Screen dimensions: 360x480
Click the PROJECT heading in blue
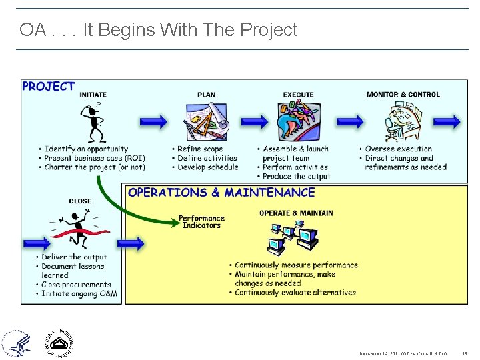(x=49, y=87)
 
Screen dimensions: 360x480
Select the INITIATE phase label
(x=93, y=95)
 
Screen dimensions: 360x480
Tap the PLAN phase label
(x=206, y=95)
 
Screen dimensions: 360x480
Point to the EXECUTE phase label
(x=298, y=95)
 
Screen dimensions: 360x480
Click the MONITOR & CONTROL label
(x=403, y=95)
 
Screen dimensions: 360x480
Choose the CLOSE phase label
(x=80, y=201)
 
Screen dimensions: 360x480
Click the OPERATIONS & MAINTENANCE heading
(x=221, y=193)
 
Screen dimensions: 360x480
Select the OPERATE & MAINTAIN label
(x=296, y=213)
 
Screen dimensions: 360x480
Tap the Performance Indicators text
(x=202, y=221)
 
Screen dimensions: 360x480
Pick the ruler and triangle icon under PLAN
(x=207, y=123)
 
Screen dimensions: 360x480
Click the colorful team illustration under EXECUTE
(x=298, y=123)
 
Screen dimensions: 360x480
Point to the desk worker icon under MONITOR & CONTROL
(x=403, y=123)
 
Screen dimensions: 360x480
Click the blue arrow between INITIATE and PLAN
(x=153, y=121)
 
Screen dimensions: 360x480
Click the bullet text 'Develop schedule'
(x=207, y=167)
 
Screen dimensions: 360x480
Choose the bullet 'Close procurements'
(x=77, y=285)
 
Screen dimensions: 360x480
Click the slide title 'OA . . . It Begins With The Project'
(x=159, y=30)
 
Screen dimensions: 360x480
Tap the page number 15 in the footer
(x=465, y=354)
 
